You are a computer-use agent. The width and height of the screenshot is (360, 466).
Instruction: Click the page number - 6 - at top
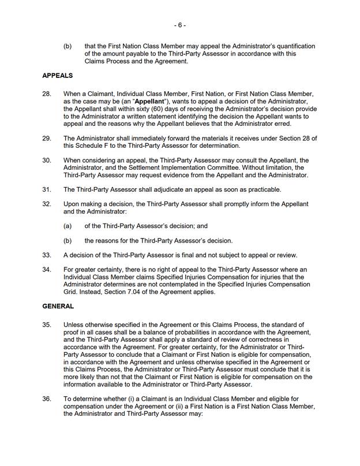click(179, 25)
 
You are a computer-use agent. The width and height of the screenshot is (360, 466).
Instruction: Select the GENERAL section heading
click(58, 307)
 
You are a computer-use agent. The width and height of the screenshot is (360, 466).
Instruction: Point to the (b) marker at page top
click(67, 46)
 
